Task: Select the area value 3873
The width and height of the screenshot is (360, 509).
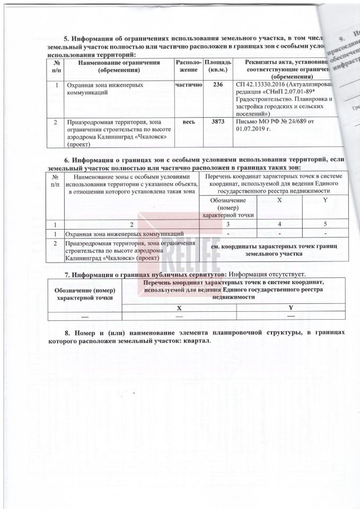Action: tap(217, 122)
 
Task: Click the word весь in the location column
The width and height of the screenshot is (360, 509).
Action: tap(189, 122)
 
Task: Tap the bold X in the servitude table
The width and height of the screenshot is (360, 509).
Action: tap(179, 307)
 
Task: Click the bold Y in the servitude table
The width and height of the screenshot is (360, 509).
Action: tap(291, 307)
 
